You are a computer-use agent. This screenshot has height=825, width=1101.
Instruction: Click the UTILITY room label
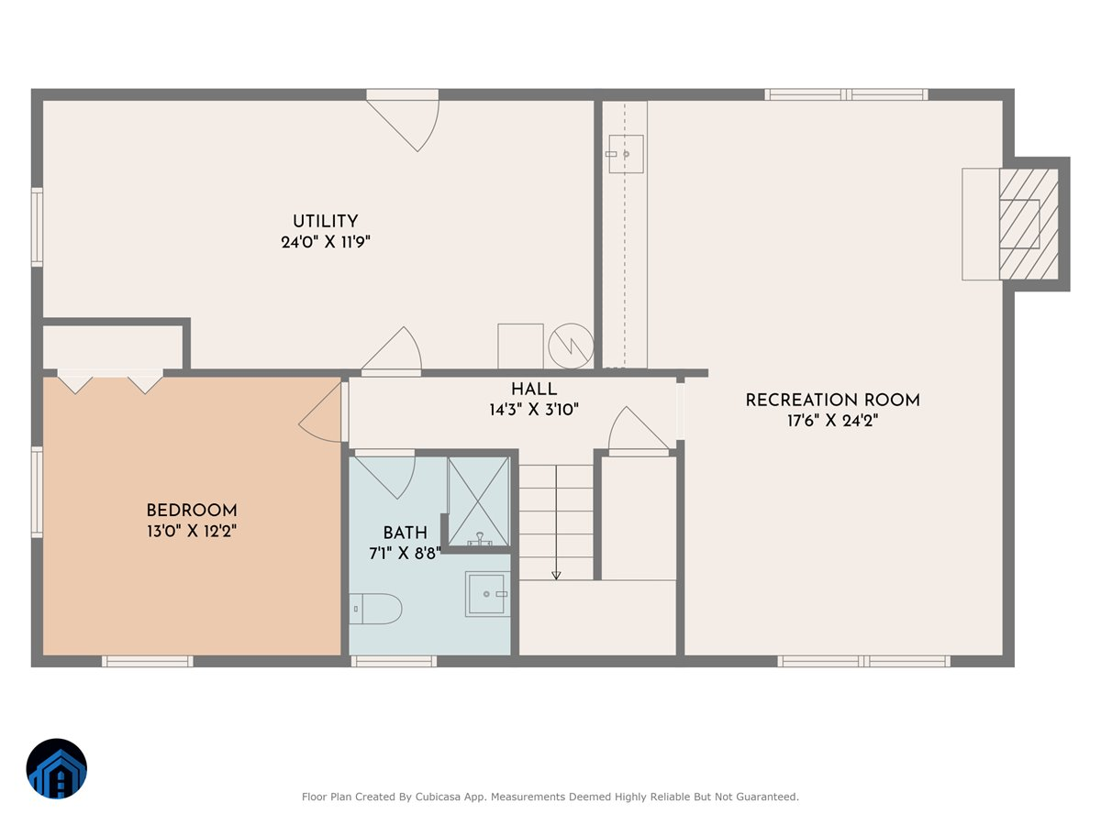pos(325,221)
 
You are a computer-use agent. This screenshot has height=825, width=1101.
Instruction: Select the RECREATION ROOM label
pos(831,400)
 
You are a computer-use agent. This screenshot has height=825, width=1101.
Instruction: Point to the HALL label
pos(533,390)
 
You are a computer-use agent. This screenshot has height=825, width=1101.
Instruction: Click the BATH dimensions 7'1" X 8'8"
pos(405,552)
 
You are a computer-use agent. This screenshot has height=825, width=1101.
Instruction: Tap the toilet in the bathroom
pos(376,608)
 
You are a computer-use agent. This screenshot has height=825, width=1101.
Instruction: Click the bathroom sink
pos(487,594)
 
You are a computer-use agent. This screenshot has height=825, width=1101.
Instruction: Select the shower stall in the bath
pos(477,500)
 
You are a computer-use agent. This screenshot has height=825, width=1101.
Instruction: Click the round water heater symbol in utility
pos(571,346)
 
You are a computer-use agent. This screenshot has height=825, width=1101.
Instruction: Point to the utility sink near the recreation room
pos(626,154)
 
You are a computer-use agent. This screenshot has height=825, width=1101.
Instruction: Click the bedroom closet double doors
pos(110,380)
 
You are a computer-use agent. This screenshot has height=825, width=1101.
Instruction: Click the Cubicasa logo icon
pos(56,768)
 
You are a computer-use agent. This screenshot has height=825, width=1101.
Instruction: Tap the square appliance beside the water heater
pos(520,346)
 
